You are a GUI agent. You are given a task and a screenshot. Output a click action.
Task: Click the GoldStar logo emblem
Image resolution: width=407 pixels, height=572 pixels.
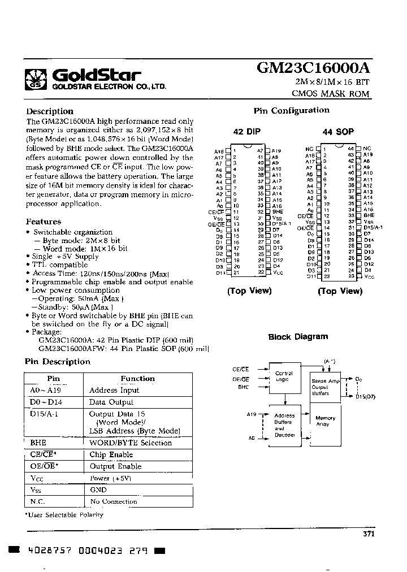pos(37,79)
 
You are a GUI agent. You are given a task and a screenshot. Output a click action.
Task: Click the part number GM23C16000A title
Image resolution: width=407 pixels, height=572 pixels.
pos(314,68)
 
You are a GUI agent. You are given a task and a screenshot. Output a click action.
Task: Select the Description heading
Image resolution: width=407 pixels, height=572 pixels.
pos(50,111)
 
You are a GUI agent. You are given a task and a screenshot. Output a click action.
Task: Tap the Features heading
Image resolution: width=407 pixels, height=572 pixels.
pos(44,222)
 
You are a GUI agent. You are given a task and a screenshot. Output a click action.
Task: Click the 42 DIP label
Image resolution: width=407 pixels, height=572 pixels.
pos(247,132)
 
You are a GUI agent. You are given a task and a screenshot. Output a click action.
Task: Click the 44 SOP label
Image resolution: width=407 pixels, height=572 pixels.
pos(338,132)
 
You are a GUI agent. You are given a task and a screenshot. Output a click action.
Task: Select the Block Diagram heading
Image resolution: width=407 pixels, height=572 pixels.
pos(298,337)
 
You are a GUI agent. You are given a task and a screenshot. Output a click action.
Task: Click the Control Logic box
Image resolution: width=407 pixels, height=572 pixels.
pos(284,378)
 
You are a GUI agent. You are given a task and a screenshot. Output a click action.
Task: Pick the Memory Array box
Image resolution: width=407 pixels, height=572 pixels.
pos(326,422)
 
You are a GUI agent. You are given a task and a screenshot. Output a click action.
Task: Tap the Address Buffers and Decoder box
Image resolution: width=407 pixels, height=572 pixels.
pos(284,426)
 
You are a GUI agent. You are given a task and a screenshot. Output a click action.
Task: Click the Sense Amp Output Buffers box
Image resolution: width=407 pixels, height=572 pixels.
pos(326,387)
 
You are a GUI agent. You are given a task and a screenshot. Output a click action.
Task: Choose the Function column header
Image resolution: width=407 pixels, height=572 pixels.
pos(137,379)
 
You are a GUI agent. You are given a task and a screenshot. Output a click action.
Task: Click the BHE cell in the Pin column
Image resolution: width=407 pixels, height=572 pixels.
pos(38,443)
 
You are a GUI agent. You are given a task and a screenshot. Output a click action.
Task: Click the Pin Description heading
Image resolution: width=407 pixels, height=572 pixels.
pos(58,362)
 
